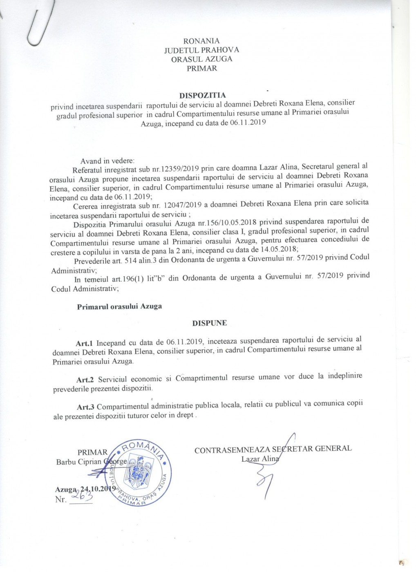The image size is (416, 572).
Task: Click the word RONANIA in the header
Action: coord(201,41)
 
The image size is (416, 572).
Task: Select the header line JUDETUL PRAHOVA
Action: coord(201,50)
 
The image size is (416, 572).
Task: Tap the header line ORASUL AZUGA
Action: coord(201,59)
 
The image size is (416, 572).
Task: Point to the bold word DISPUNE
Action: coord(210,323)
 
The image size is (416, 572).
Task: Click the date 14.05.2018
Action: coord(276,250)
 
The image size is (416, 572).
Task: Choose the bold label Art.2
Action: coord(85,380)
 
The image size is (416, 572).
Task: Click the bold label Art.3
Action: coord(86,407)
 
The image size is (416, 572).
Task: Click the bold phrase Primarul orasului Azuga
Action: coord(119,306)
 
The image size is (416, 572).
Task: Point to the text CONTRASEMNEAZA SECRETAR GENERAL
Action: coord(273,449)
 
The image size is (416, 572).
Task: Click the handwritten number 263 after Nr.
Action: coord(81,496)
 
